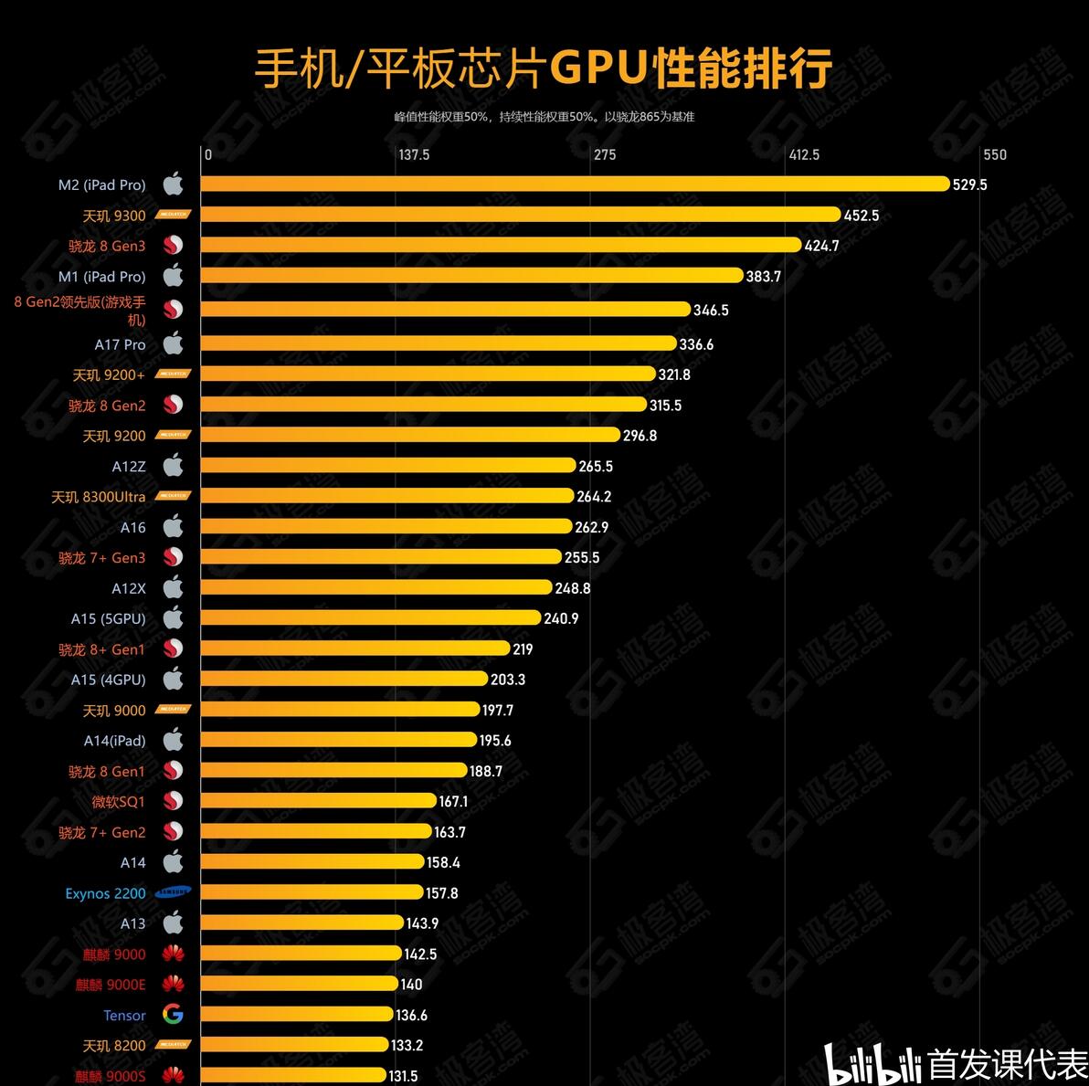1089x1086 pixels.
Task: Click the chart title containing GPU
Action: pos(543,69)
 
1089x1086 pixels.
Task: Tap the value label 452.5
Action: pos(862,216)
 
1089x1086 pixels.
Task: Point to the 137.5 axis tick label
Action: pos(414,154)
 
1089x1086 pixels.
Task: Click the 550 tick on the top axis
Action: pos(994,154)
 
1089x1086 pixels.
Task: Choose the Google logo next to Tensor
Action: pos(173,1014)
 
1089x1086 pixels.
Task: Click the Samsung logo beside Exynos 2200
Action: pos(173,892)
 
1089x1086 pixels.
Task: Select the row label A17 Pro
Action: pos(120,344)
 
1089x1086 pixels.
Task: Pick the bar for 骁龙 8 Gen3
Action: pos(500,245)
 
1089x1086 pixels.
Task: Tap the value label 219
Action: pos(523,649)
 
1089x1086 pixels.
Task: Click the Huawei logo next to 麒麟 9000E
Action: pos(173,984)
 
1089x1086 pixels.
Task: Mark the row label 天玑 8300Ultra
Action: pos(98,497)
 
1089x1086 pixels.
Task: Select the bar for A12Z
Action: pos(387,466)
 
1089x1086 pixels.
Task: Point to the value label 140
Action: pos(411,985)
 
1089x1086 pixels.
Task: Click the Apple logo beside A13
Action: pos(173,923)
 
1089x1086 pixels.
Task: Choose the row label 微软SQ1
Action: pos(118,802)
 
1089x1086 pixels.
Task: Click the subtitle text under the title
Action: pos(544,117)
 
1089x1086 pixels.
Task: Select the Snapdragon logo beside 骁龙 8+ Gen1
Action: pos(173,648)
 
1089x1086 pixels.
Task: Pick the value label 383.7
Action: pos(764,277)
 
